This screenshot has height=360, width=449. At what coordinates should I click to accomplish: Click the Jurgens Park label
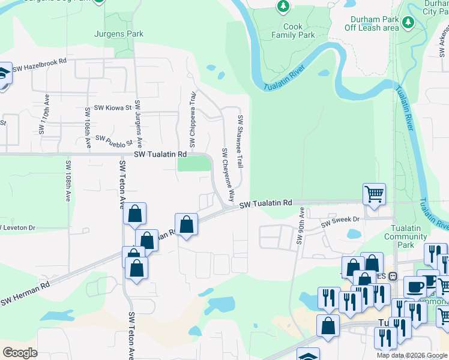119,34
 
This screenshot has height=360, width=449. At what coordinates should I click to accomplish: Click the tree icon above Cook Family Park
283,7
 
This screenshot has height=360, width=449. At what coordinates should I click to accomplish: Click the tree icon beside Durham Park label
408,22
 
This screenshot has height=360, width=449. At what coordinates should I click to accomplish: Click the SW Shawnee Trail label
240,141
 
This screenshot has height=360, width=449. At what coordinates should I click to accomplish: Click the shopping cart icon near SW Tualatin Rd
374,193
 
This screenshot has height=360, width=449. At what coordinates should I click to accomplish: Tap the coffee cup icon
414,286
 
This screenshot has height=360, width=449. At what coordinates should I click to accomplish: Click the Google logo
20,353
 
